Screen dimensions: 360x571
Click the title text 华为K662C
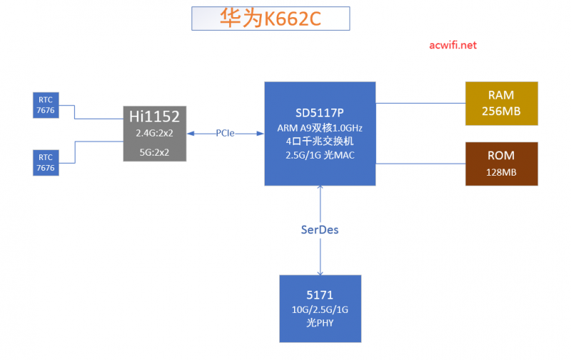[271, 19]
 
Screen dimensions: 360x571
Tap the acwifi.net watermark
[453, 45]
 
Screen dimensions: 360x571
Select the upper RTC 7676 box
[46, 104]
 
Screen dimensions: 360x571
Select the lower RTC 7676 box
[46, 162]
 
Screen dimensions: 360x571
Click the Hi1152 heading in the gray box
[154, 116]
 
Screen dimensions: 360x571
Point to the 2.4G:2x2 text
[154, 133]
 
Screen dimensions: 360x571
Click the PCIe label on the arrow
[226, 133]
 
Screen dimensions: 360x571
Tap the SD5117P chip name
[320, 113]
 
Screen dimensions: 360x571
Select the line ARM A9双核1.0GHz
[320, 127]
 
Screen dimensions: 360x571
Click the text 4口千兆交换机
[320, 141]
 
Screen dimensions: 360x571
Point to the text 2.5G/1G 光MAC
[320, 155]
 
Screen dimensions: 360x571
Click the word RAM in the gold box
[501, 95]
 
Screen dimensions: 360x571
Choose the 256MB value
[501, 111]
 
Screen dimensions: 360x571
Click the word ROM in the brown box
[501, 156]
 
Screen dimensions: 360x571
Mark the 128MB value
[501, 172]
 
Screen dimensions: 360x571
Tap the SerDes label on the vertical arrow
[320, 229]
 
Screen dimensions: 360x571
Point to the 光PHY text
[320, 322]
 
